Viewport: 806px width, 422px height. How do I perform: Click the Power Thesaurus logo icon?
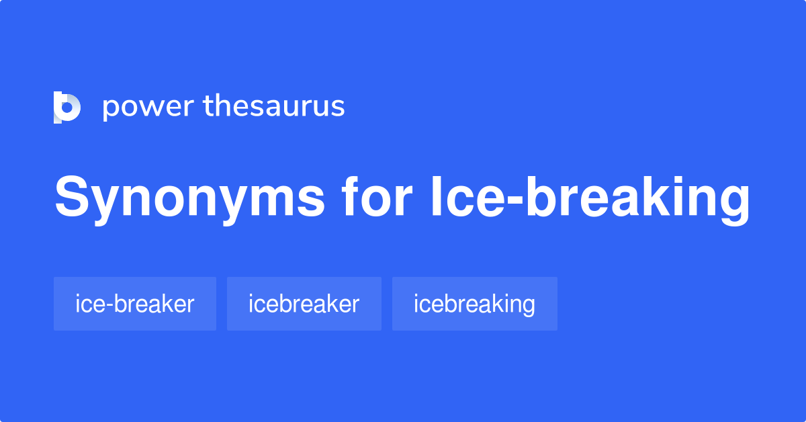67,108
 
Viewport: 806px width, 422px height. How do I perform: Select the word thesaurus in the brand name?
274,106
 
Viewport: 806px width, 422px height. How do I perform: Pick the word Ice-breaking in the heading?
590,198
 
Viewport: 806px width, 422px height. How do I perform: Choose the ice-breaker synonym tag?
135,304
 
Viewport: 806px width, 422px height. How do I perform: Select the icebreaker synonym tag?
304,304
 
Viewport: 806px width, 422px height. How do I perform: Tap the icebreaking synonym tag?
475,304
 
